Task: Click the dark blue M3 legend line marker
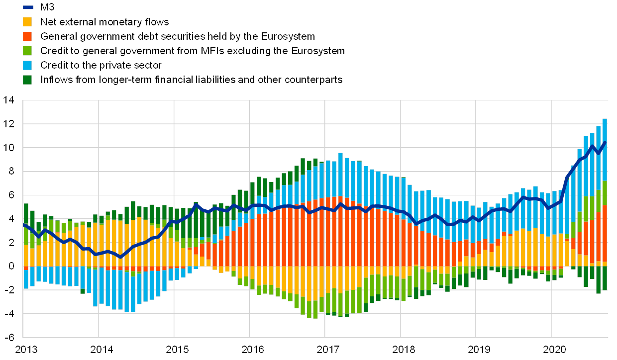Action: point(28,7)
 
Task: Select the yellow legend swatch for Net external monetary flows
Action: point(28,22)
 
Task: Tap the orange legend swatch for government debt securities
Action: point(28,36)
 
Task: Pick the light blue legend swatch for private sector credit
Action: point(28,65)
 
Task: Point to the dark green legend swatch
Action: point(28,80)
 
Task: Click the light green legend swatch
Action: point(28,51)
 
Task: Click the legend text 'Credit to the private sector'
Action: point(102,65)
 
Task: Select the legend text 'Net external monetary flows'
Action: point(105,22)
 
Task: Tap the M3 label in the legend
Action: point(47,7)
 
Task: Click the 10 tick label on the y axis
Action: point(8,148)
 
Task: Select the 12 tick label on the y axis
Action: point(8,124)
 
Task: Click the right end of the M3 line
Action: point(605,142)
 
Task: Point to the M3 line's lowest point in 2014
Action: point(120,257)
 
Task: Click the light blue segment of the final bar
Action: point(605,149)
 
